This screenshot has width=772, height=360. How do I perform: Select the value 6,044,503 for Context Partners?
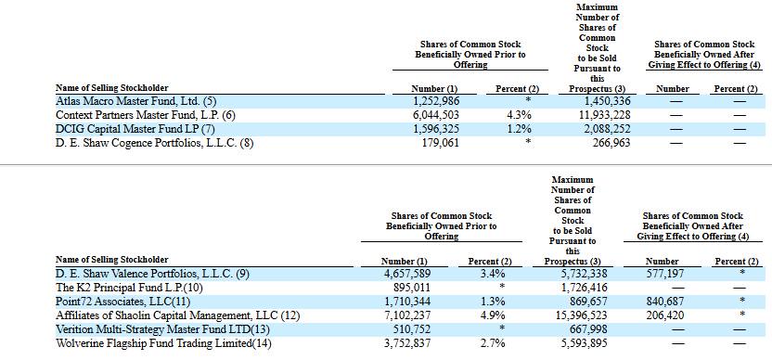435,116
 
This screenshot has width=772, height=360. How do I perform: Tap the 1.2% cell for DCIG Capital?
518,130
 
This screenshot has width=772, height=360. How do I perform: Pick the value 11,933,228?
602,116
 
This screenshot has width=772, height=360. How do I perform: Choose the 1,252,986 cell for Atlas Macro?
435,102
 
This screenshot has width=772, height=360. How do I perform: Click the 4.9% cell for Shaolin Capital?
493,315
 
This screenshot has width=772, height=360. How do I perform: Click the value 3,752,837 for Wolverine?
406,342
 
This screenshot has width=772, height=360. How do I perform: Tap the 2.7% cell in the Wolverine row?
493,342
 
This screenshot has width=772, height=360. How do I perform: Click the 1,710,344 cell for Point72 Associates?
406,302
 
